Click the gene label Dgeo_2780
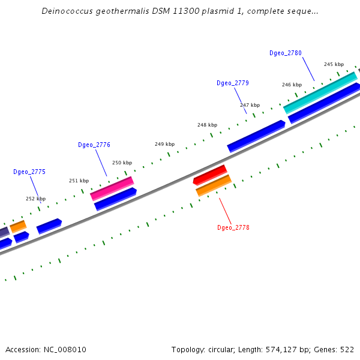point(286,53)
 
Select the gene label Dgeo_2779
point(233,83)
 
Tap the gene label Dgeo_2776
point(94,145)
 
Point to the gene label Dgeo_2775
point(29,172)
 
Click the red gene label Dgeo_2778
point(233,228)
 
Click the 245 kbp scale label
point(334,64)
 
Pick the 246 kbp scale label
point(292,85)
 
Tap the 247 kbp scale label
point(250,105)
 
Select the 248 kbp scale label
point(207,125)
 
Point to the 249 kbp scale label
point(164,144)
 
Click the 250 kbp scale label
point(122,163)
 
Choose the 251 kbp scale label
point(79,181)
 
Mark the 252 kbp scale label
point(35,199)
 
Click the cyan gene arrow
point(320,92)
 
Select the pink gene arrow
point(112,188)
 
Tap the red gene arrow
point(210,175)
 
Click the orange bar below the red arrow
point(214,185)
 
